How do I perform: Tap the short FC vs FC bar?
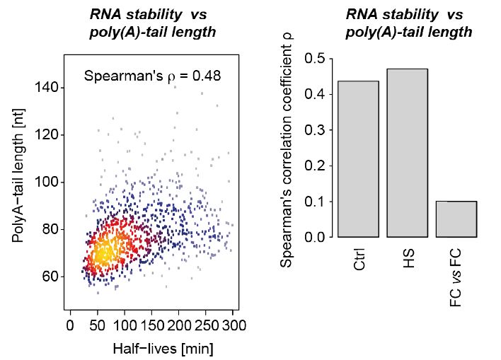point(456,219)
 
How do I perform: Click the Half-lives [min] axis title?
point(153,348)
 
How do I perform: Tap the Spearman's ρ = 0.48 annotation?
point(152,74)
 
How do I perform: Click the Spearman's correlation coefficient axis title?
point(287,149)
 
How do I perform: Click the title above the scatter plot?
point(153,23)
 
